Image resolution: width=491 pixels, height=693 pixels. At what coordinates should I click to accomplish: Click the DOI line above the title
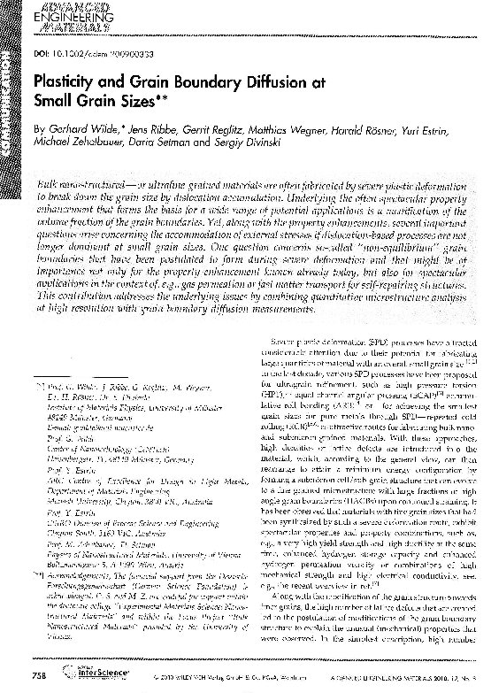coord(88,52)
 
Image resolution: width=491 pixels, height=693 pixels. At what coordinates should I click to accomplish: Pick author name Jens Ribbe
coord(142,129)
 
